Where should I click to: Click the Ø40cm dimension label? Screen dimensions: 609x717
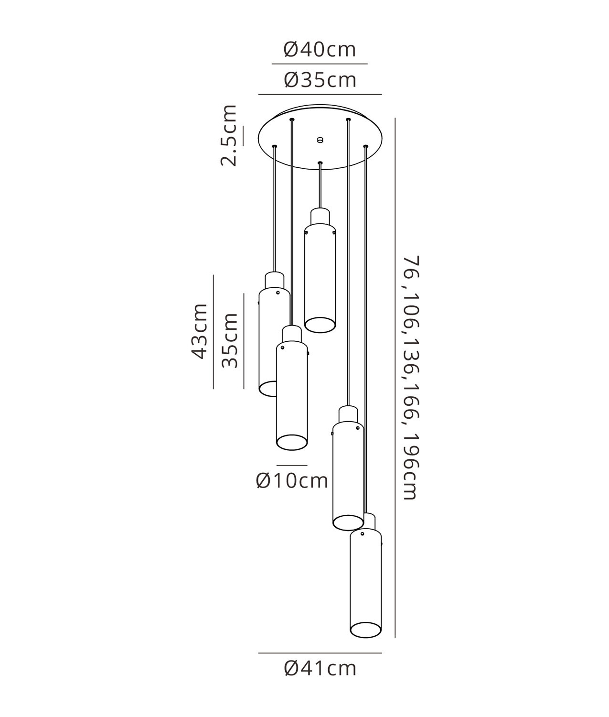pos(320,50)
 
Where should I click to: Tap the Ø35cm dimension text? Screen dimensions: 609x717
pos(320,80)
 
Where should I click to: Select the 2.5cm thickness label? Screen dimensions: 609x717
pos(229,135)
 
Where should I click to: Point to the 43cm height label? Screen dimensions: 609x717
pos(199,331)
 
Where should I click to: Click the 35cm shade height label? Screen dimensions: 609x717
pos(230,340)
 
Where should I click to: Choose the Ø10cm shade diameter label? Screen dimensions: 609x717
pos(292,481)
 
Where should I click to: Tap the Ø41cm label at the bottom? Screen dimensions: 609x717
pos(320,668)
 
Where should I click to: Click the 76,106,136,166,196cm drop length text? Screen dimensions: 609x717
pos(411,378)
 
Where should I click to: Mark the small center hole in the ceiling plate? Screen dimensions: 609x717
pos(320,140)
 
